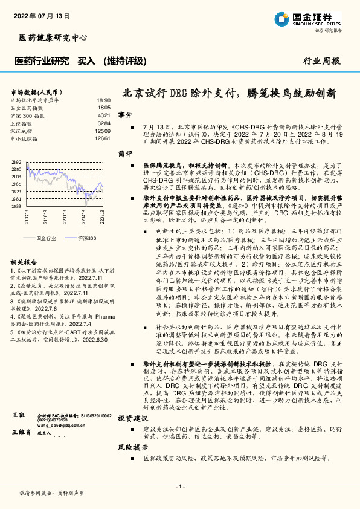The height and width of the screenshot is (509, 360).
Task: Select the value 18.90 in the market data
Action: pyautogui.click(x=103, y=100)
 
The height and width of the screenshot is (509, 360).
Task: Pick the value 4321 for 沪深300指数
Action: pyautogui.click(x=104, y=115)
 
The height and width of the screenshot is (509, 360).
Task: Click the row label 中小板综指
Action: pyautogui.click(x=25, y=138)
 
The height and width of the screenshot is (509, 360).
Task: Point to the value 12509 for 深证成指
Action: pyautogui.click(x=103, y=131)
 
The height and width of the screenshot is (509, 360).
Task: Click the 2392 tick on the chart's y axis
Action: pyautogui.click(x=16, y=162)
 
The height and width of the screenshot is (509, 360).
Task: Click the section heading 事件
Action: pyautogui.click(x=125, y=114)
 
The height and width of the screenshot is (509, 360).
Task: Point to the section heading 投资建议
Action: pyautogui.click(x=129, y=401)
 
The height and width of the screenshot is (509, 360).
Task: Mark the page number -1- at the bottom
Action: pyautogui.click(x=179, y=487)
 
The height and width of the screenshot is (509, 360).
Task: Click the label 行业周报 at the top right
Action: pyautogui.click(x=321, y=61)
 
